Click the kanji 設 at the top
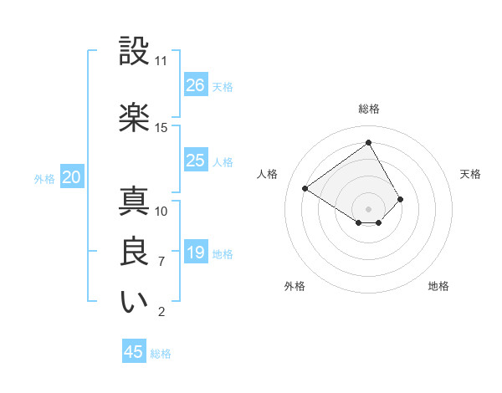(135, 52)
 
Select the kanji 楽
(135, 117)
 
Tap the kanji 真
(135, 202)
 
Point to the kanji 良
(135, 253)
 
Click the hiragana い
(135, 303)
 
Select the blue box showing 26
(196, 85)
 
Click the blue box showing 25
(196, 161)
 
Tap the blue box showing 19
(196, 253)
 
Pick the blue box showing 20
(72, 177)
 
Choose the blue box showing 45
(134, 352)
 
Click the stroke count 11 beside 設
(161, 61)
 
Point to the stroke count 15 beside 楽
(161, 128)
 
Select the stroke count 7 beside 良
(161, 262)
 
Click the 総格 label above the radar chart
(369, 110)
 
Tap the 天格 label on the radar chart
(470, 174)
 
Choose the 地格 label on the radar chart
(438, 286)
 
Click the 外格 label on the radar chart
(295, 286)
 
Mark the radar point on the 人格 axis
(305, 188)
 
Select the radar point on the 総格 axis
(368, 142)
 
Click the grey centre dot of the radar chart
(368, 208)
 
